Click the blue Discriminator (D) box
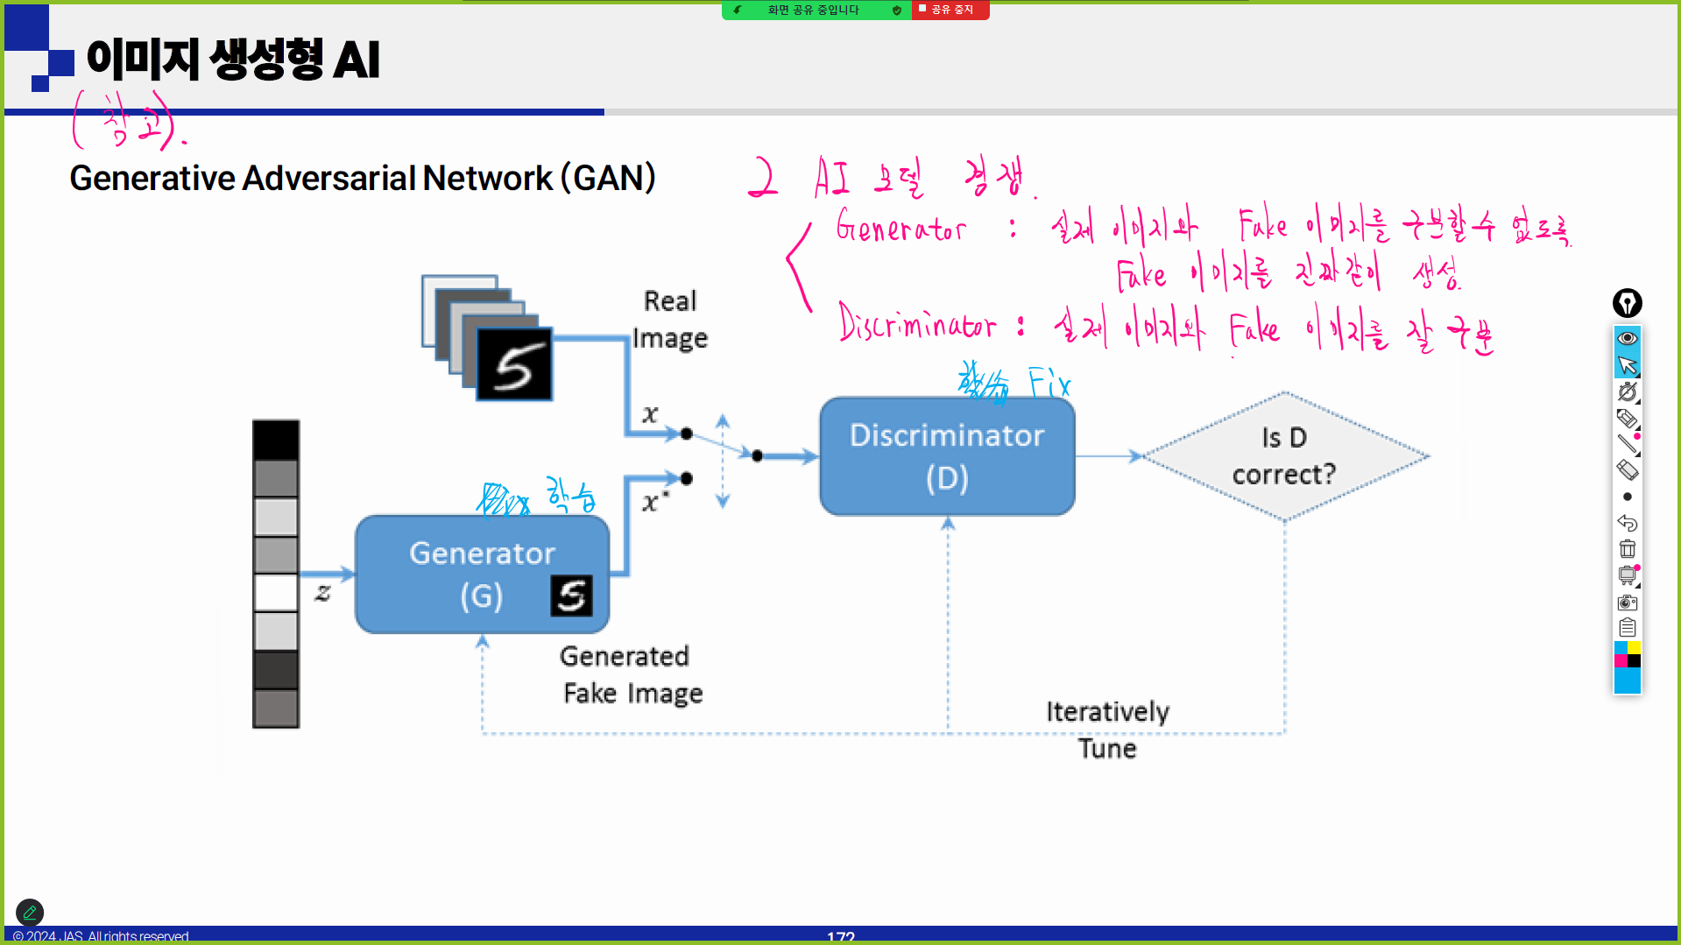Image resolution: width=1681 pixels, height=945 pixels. pos(947,456)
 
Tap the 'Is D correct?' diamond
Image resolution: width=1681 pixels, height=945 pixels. pos(1284,456)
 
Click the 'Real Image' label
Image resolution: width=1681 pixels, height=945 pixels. pos(670,320)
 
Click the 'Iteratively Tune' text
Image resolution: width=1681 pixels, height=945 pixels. pos(1107,730)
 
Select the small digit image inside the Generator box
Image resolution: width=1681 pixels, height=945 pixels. pos(571,596)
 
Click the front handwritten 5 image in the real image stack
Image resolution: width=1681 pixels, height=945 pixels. pos(514,364)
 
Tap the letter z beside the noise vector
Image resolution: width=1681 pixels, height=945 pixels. pos(323,592)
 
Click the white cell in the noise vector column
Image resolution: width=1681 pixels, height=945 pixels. pos(276,593)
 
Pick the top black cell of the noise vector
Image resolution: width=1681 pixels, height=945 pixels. pos(276,440)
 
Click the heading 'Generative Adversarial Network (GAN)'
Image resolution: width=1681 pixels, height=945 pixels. pos(363,178)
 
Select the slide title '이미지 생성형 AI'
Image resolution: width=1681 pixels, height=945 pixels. pos(233,60)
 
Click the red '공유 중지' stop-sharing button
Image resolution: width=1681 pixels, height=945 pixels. pos(950,10)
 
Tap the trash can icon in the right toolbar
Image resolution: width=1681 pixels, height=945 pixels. pos(1628,549)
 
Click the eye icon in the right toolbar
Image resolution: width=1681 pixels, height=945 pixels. pos(1628,338)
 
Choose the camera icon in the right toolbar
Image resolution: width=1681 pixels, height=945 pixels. pos(1628,602)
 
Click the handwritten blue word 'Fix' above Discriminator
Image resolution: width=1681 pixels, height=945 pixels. pos(1049,384)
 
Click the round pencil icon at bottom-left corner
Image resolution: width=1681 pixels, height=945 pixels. pos(30,913)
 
